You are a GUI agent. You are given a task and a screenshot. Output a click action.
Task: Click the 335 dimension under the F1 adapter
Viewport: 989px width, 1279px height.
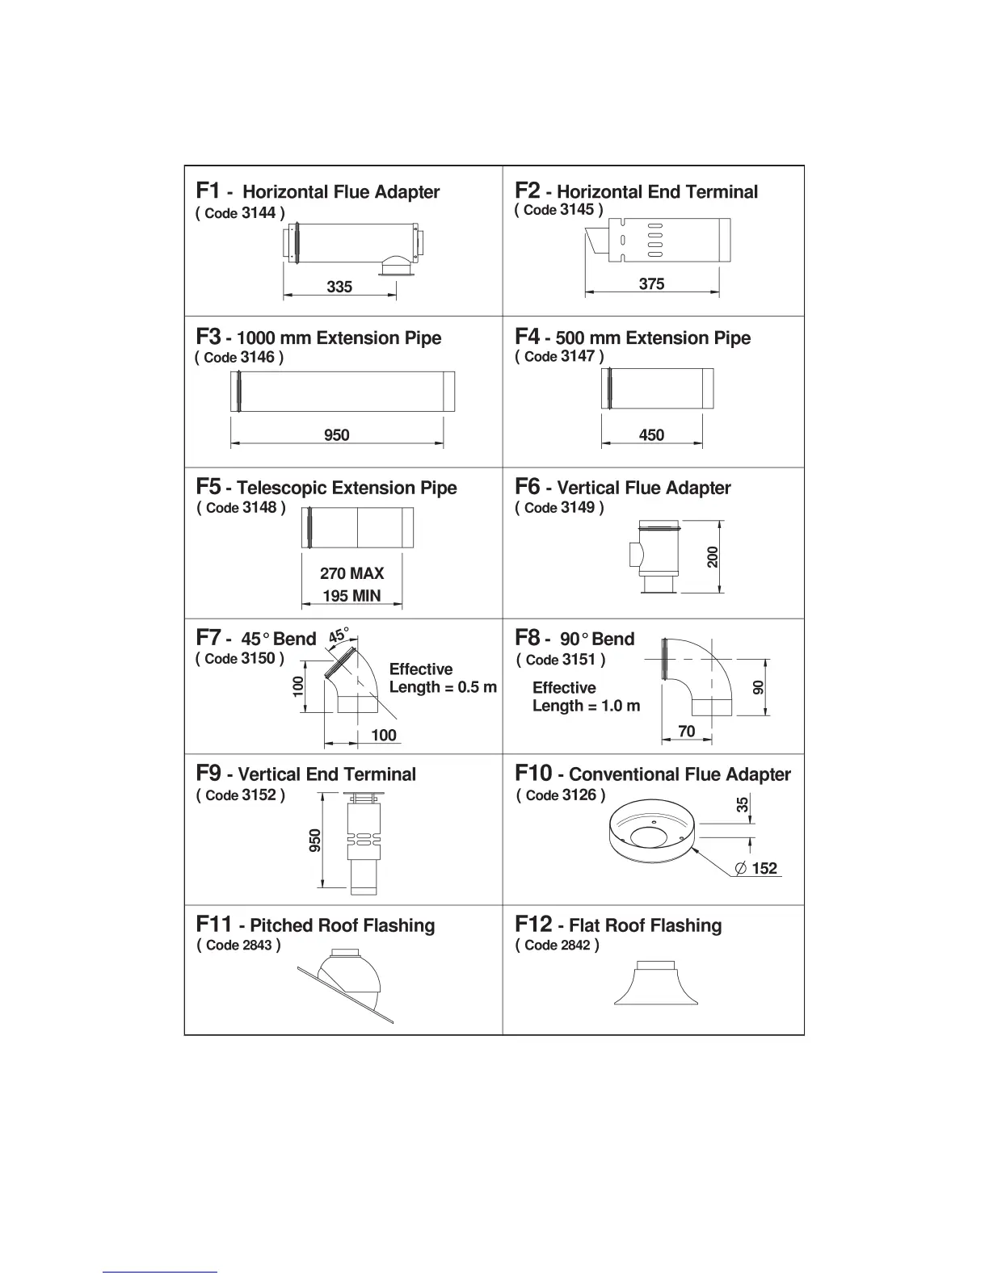[339, 287]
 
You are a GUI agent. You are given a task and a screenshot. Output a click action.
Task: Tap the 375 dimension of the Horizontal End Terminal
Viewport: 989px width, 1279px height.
[651, 283]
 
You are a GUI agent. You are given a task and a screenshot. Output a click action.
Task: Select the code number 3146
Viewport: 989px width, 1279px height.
[258, 357]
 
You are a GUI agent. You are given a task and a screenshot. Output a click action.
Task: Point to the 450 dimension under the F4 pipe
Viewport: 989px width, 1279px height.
[651, 435]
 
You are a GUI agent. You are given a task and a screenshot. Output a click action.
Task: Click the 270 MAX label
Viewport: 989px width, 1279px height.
[351, 573]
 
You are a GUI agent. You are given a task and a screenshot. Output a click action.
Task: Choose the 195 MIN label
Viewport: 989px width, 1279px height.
[351, 596]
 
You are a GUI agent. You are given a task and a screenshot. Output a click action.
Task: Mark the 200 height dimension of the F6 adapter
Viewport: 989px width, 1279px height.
[713, 557]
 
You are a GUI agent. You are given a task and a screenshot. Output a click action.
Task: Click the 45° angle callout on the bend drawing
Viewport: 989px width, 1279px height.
[339, 635]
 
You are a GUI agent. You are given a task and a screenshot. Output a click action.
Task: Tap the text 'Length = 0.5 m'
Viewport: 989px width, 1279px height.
[443, 687]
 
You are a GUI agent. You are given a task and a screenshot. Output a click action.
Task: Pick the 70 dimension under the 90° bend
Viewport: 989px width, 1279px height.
[686, 732]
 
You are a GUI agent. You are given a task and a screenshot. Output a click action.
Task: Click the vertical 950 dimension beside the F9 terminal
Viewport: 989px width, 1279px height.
[315, 840]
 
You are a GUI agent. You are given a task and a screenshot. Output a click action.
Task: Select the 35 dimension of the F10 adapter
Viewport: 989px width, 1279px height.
[743, 804]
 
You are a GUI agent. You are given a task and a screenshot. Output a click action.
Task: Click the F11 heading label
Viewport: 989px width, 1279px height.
[213, 924]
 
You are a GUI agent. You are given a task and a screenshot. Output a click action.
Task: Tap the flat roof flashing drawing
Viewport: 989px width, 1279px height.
[655, 983]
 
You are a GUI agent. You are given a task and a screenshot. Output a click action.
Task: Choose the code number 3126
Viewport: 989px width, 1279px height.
[579, 795]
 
